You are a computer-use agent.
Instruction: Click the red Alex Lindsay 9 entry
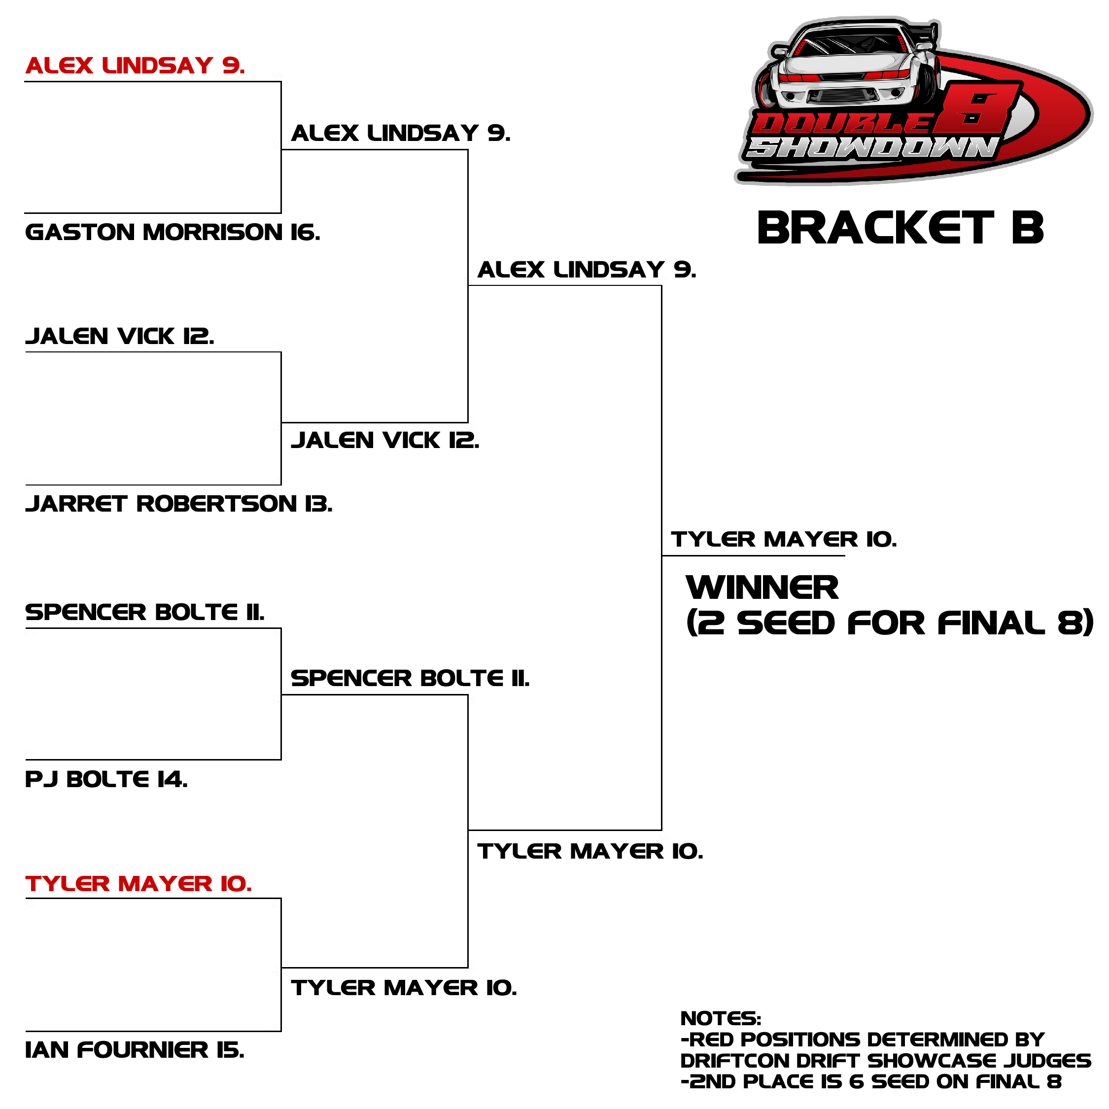click(x=135, y=66)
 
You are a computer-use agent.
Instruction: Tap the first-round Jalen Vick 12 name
click(x=120, y=336)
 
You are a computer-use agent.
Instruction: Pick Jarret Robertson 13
click(x=179, y=503)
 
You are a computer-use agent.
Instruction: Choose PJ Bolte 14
click(x=106, y=779)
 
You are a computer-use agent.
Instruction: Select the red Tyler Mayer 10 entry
click(x=139, y=883)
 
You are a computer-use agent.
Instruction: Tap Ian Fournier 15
click(x=135, y=1050)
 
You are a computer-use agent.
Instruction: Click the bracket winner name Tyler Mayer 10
click(x=784, y=539)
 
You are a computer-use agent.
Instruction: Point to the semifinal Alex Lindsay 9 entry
click(x=587, y=269)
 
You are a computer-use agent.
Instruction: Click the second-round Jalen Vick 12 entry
click(x=385, y=440)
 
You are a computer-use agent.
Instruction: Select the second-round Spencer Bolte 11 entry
click(x=411, y=678)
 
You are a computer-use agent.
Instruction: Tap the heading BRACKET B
click(x=900, y=228)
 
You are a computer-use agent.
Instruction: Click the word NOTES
click(x=721, y=1018)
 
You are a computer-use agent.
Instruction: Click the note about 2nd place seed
click(x=871, y=1081)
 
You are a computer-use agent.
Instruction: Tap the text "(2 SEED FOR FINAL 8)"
click(x=890, y=624)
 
